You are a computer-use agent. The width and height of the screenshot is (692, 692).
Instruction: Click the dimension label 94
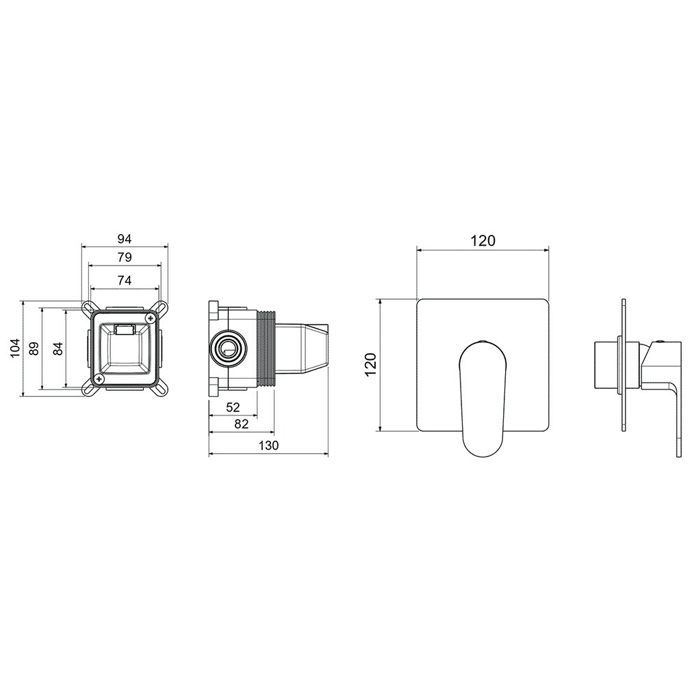125,239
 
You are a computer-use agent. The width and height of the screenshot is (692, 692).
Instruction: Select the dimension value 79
125,257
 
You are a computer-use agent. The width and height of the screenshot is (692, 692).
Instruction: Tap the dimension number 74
125,280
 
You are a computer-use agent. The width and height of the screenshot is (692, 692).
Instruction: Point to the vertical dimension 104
16,348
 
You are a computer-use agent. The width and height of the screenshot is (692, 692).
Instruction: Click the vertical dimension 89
34,348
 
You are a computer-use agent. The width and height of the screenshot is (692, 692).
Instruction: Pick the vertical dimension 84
57,348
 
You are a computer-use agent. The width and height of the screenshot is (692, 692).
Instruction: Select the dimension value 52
233,407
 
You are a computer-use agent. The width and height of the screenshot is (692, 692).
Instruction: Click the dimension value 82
242,424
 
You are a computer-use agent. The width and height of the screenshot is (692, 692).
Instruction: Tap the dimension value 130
268,446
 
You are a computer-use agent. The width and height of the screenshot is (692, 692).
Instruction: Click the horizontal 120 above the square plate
483,241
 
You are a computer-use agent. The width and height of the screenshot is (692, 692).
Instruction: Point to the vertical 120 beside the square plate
370,364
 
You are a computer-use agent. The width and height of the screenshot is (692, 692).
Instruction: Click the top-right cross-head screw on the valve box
151,318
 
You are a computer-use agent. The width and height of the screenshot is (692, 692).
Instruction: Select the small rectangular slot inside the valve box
125,330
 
